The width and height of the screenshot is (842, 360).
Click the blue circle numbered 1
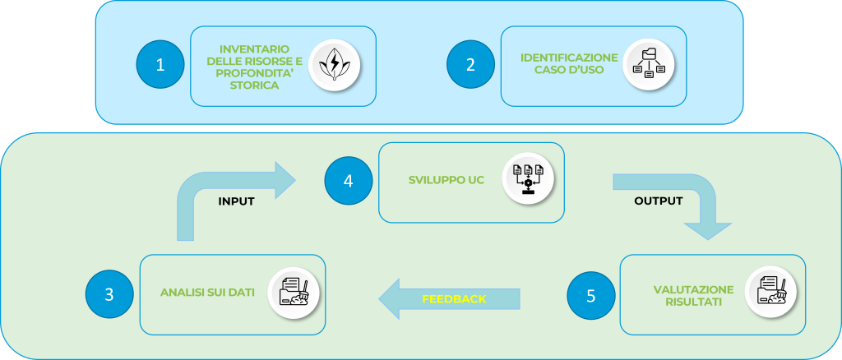(x=160, y=65)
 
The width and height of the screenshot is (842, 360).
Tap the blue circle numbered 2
(x=470, y=65)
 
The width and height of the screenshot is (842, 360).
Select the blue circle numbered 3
(x=109, y=294)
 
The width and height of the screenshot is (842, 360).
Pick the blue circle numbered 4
(x=348, y=181)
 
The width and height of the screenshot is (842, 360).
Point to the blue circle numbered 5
(x=590, y=294)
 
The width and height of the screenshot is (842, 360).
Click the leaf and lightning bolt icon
(x=334, y=64)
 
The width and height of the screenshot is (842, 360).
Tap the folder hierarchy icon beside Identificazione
(x=649, y=65)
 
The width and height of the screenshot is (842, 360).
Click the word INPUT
(x=236, y=201)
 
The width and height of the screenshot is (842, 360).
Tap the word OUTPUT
(x=659, y=201)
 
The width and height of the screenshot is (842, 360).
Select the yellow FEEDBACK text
(x=454, y=298)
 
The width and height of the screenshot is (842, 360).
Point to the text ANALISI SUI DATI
(x=208, y=293)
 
